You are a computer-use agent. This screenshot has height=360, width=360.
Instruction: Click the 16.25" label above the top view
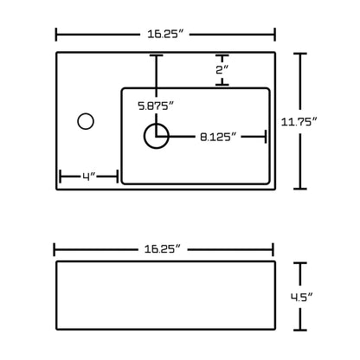(164, 35)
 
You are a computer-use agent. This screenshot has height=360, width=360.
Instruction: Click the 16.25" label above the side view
(164, 248)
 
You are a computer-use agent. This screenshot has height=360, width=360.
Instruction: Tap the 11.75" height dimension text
(333, 120)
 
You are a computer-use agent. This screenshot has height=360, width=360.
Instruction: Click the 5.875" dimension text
(156, 106)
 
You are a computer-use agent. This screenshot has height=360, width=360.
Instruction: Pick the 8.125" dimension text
(219, 136)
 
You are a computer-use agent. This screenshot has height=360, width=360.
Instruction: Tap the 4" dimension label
(88, 177)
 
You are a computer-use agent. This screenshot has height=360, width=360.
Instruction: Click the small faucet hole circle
(86, 120)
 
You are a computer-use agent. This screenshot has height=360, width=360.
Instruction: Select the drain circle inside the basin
(156, 135)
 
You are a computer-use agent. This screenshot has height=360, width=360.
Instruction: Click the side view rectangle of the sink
(164, 295)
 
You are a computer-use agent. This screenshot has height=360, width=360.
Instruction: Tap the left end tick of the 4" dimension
(60, 177)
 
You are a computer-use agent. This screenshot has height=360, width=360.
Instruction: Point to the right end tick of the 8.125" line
(265, 136)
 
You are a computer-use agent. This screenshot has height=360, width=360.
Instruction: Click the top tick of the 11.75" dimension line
(301, 54)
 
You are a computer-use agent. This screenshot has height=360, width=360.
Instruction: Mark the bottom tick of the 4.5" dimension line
(301, 331)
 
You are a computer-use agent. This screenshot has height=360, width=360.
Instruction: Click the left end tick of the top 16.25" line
(57, 35)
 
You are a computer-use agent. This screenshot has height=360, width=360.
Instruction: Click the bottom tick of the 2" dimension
(222, 84)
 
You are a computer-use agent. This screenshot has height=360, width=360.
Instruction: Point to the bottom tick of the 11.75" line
(301, 188)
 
